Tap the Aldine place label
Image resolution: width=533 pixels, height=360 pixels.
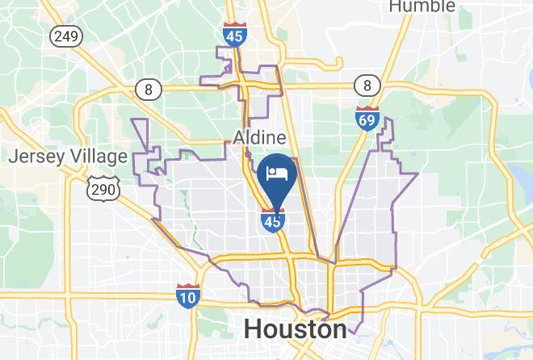tap(259, 138)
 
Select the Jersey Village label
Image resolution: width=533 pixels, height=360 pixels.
tap(68, 157)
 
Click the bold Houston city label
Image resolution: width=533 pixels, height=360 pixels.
tap(296, 329)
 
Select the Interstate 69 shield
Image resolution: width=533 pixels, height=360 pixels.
tap(367, 118)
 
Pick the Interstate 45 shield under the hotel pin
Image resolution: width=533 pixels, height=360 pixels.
tap(273, 219)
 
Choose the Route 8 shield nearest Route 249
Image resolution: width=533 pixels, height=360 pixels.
tap(148, 90)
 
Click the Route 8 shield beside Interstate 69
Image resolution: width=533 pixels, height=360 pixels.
tap(367, 85)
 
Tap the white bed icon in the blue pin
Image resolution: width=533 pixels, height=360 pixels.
tap(275, 173)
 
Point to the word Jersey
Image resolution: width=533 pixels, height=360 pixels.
tap(34, 157)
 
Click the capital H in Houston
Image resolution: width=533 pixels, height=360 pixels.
tap(252, 329)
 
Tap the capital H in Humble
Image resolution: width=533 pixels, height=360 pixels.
tap(395, 6)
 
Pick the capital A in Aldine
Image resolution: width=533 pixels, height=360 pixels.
tap(240, 138)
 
